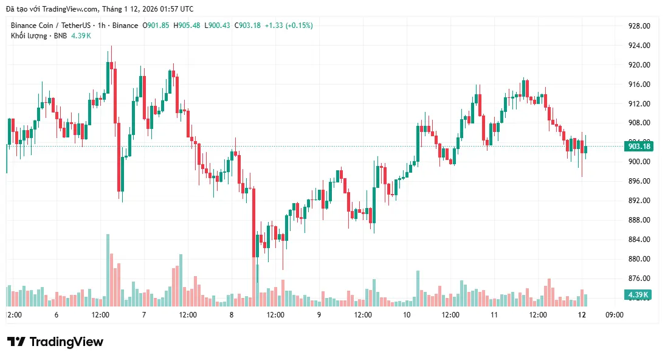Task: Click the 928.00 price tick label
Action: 639,26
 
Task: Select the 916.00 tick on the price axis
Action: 639,85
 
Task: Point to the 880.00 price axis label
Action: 639,259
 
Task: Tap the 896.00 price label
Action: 639,181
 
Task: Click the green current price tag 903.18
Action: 639,147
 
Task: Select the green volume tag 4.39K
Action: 638,295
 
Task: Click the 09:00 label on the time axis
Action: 615,315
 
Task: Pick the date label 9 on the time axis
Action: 319,315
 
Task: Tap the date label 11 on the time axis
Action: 494,315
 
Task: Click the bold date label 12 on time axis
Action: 582,315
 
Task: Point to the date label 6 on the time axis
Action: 57,315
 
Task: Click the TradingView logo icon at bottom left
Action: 16,342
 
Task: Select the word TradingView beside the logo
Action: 66,342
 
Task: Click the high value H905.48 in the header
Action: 187,26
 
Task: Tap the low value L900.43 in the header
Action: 218,26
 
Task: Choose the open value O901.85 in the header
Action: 156,26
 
